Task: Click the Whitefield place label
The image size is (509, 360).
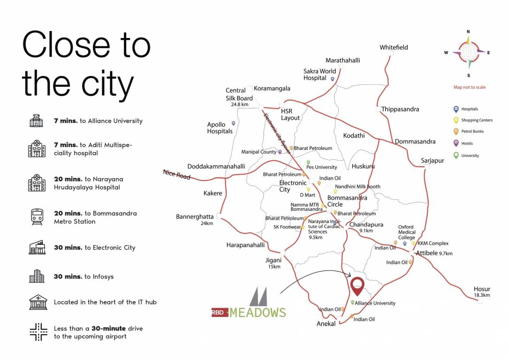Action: tap(394, 47)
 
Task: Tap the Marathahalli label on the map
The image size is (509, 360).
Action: tap(343, 60)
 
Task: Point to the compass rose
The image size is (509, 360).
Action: tap(468, 52)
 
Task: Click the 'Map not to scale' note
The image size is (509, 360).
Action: tap(469, 87)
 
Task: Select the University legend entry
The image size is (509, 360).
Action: tap(470, 156)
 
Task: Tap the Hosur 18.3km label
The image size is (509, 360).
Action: tap(482, 292)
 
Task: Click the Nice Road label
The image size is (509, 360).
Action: tap(177, 174)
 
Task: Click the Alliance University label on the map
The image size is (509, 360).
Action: tap(375, 303)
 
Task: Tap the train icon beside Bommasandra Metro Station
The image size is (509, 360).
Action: tap(37, 217)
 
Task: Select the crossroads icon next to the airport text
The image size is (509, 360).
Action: tap(38, 332)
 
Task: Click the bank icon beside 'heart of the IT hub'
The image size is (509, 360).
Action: tap(38, 302)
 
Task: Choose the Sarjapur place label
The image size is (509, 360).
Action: tap(432, 161)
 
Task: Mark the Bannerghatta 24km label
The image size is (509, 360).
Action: tap(195, 219)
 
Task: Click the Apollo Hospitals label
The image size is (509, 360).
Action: tap(220, 128)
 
